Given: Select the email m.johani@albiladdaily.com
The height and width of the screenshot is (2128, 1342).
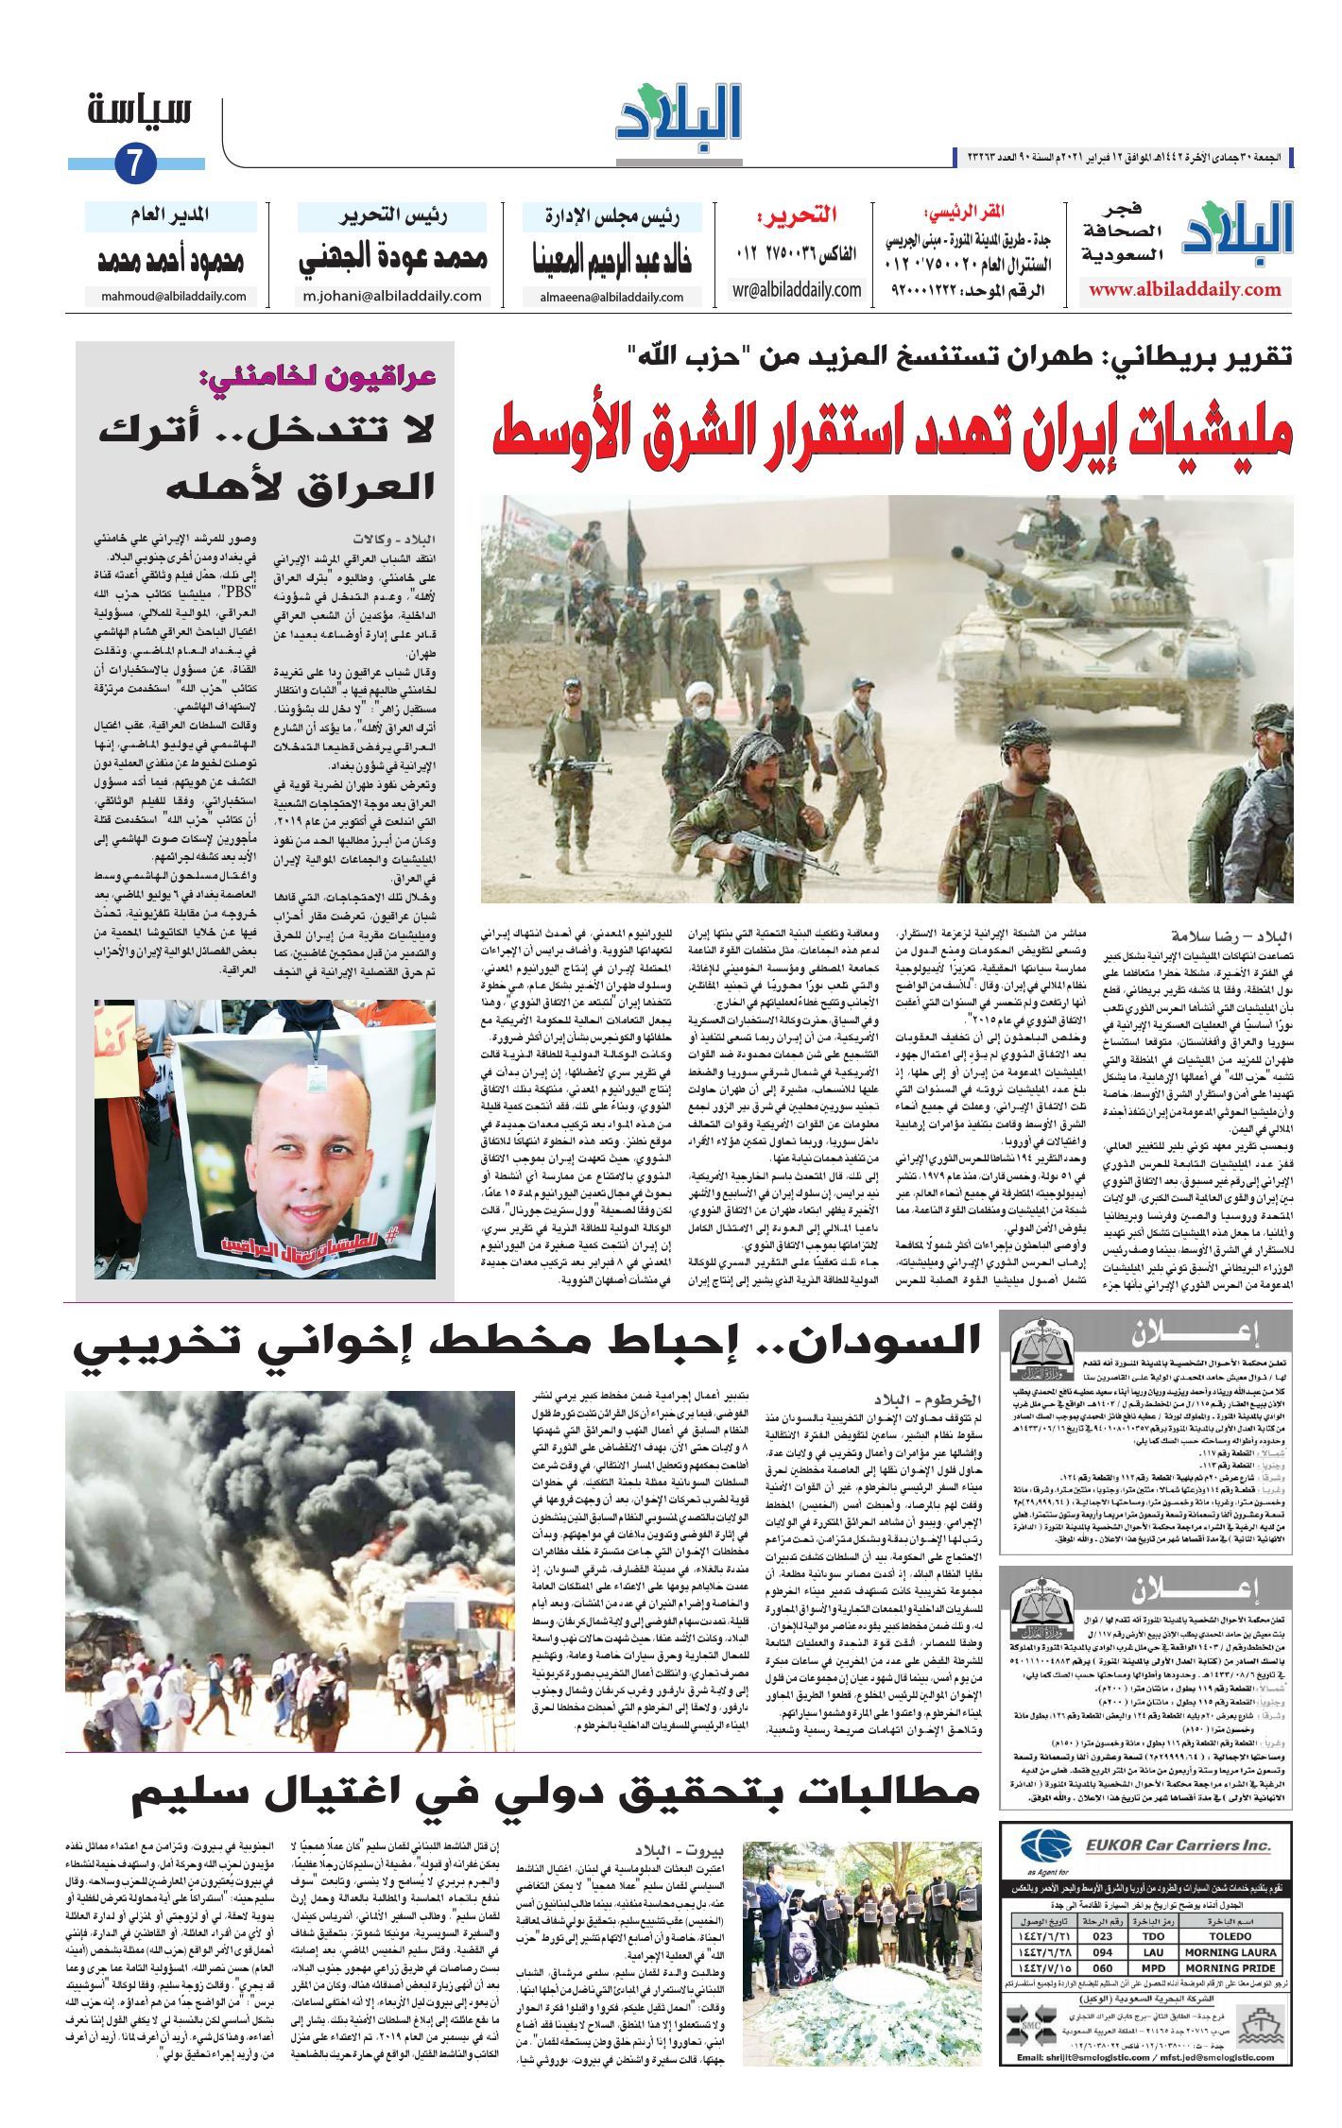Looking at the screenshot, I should pyautogui.click(x=391, y=296).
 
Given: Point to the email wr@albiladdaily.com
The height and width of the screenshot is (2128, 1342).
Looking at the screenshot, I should pyautogui.click(x=797, y=290).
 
